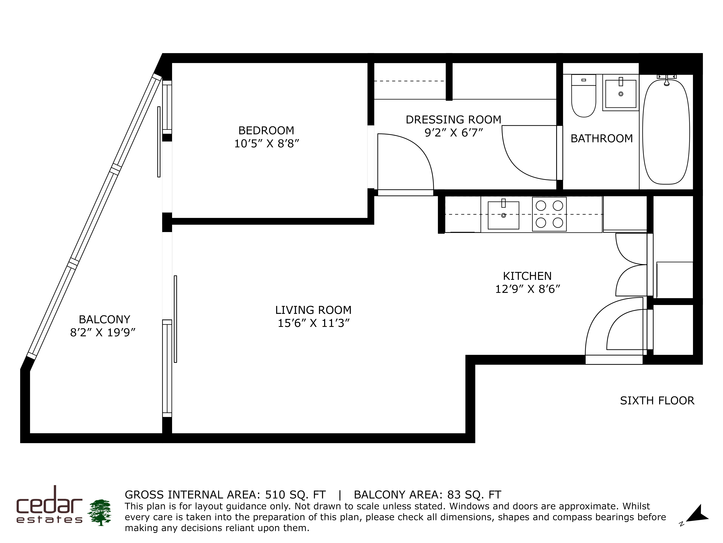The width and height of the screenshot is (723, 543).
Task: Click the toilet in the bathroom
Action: [583, 96]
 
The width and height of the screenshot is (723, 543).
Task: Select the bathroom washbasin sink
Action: [621, 93]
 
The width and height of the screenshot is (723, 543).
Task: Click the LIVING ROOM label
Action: [313, 310]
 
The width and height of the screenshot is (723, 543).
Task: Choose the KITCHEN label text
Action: [527, 276]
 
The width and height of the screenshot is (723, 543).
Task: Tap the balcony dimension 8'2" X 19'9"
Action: [103, 332]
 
